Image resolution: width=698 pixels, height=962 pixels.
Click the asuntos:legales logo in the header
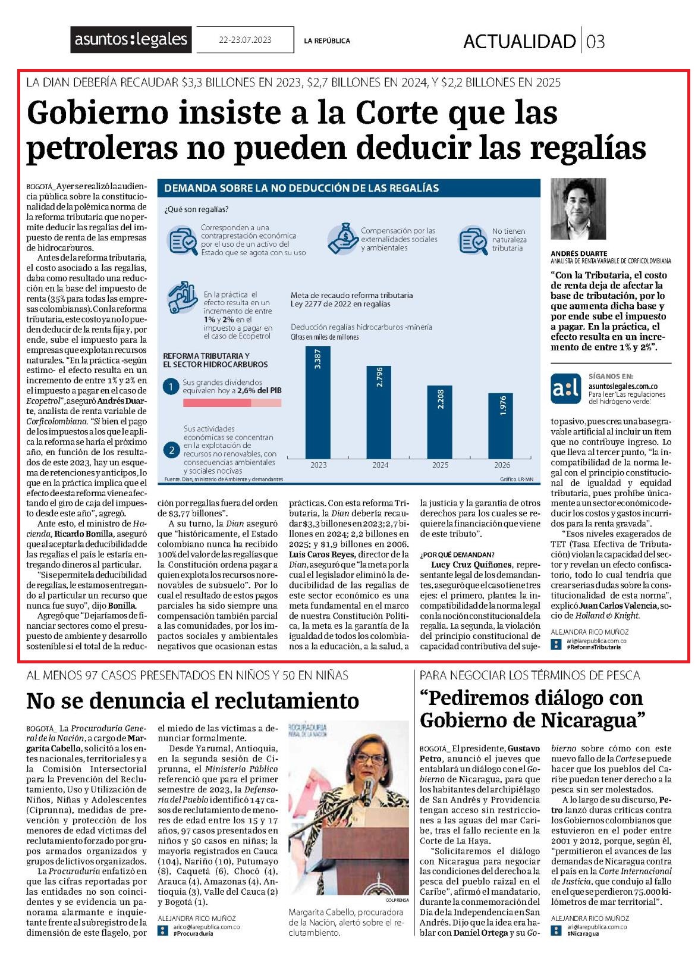coord(130,39)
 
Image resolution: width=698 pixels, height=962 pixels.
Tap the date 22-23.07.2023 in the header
coord(245,40)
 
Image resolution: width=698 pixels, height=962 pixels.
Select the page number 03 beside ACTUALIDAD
coord(596,42)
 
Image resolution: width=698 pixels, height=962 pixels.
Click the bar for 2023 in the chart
coord(317,402)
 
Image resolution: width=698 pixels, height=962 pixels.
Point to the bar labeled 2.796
coord(379,412)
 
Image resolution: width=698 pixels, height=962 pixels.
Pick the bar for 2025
coord(440,422)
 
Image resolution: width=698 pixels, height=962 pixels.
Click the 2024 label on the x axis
coord(380,465)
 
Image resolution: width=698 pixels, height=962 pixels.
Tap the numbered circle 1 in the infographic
coord(171,387)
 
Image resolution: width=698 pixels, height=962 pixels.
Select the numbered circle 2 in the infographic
coord(171,450)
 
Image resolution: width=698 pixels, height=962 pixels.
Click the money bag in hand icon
coord(342,239)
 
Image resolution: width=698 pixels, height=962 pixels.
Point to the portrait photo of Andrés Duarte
coord(578,209)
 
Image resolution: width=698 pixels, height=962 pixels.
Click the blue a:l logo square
coord(565,388)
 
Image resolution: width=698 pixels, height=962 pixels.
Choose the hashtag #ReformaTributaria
coord(593,647)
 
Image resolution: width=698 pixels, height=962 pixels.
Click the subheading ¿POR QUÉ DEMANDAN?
coord(457,554)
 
